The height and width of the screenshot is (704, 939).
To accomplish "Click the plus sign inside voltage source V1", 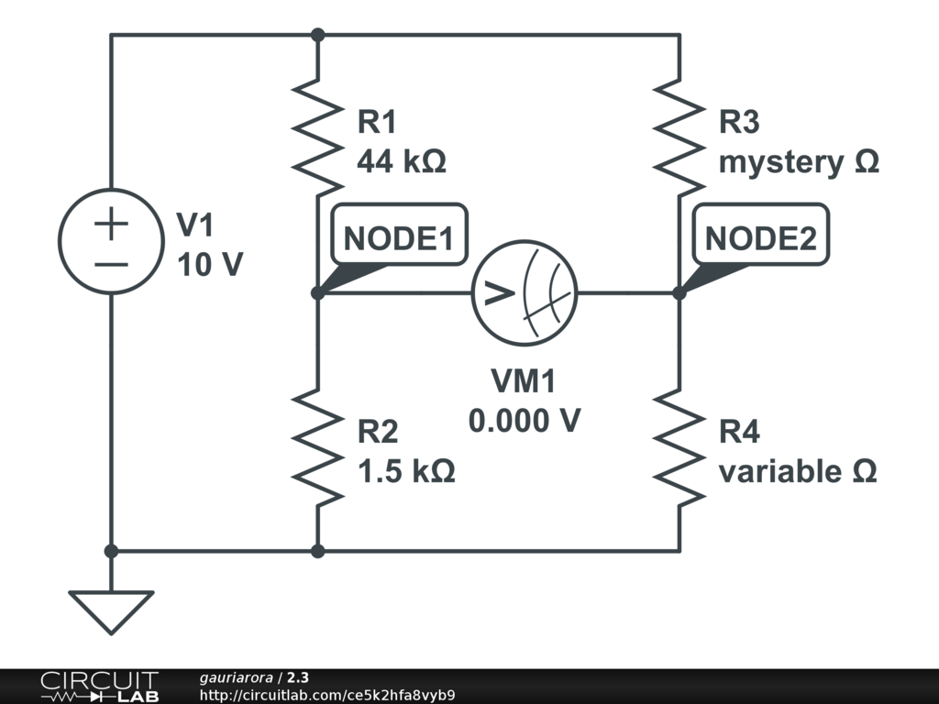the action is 111,224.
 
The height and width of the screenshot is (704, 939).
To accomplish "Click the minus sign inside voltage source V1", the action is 111,264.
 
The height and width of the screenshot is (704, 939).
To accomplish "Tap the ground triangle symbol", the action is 111,611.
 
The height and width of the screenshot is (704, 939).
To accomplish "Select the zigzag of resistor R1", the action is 318,137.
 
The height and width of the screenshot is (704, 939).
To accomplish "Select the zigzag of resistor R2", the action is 318,447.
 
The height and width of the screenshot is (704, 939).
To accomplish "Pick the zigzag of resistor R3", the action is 679,137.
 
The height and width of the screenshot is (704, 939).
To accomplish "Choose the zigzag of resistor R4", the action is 679,447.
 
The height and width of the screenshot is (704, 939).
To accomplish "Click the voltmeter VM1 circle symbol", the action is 473,292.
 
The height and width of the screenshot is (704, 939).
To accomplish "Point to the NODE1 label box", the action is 399,234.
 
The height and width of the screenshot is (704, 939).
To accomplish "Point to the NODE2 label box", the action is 760,234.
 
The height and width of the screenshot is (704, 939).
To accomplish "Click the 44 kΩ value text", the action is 402,161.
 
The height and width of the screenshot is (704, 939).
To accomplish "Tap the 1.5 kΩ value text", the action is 406,470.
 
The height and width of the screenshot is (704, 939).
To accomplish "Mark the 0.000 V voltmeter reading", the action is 525,420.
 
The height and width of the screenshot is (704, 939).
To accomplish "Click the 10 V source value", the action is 210,264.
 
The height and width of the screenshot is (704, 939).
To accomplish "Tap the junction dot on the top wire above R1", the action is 318,36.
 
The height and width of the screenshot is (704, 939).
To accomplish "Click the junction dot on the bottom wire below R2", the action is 318,551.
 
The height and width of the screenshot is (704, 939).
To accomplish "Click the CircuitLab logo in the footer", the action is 99,686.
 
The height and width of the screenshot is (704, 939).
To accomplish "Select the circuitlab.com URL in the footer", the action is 327,695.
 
